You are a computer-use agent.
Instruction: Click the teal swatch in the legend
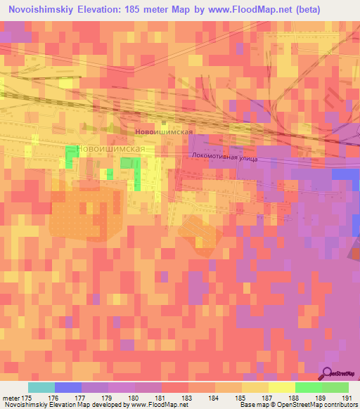41,387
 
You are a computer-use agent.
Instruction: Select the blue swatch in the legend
68,387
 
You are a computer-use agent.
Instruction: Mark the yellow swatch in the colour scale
282,387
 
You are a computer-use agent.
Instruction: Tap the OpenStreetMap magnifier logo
326,372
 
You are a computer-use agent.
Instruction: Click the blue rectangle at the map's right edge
345,174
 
